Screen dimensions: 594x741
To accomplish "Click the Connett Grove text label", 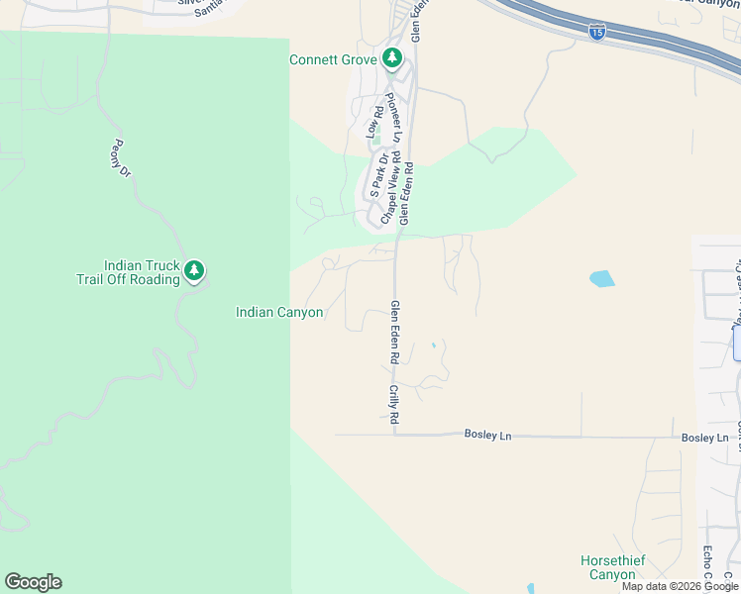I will point(332,59).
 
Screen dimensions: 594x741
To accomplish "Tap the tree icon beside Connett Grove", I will point(392,59).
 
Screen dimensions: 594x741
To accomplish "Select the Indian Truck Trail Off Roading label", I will point(129,272).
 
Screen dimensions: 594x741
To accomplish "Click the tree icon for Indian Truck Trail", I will point(194,270).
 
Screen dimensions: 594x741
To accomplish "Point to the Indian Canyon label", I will point(279,313).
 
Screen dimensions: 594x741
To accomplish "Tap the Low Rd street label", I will point(374,121).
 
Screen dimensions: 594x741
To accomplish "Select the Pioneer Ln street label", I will point(393,115).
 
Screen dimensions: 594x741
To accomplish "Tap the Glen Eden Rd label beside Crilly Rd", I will point(394,337).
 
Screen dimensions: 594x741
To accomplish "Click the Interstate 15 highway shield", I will point(596,33).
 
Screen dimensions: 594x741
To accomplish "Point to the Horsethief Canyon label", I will point(612,567).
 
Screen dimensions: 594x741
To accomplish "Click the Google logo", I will point(33,582).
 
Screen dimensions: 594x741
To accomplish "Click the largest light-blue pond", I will point(601,279).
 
